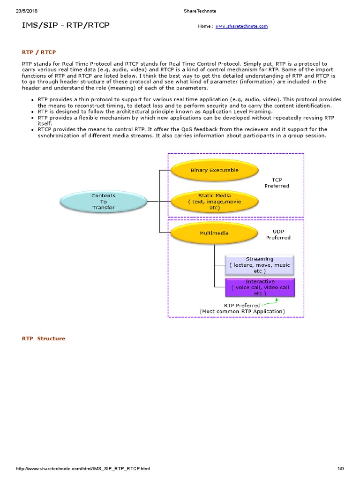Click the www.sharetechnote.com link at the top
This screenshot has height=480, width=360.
point(241,26)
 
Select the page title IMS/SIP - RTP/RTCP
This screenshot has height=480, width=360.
point(66,25)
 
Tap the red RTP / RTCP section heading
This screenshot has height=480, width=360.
point(39,52)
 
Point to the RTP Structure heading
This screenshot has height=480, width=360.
point(44,338)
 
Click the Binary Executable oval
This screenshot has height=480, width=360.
point(214,171)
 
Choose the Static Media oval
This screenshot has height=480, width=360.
point(214,201)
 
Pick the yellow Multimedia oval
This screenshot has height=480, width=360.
point(214,233)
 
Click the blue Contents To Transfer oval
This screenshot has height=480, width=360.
point(103,202)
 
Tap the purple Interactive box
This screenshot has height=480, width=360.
point(260,287)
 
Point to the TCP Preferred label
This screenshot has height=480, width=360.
point(277,183)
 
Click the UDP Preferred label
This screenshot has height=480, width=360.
point(278,234)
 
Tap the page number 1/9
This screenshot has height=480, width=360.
point(340,469)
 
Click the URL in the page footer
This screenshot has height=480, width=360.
point(83,469)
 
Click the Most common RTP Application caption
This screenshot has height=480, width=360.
point(242,311)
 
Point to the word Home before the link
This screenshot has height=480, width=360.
point(204,26)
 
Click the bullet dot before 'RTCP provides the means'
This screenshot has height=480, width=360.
point(32,129)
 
